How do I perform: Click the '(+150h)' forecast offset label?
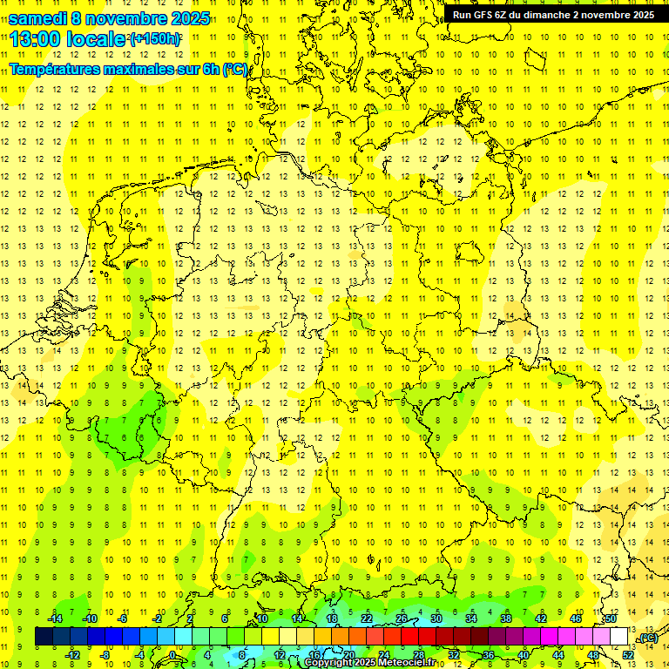click(155, 39)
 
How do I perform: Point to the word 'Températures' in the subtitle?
click(57, 69)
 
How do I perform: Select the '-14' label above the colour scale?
click(57, 618)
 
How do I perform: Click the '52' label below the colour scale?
click(628, 654)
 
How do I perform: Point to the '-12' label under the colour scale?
click(73, 654)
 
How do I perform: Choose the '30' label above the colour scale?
click(436, 618)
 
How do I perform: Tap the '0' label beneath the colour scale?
click(172, 654)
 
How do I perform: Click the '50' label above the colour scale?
click(611, 618)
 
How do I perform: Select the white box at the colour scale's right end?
click(619, 637)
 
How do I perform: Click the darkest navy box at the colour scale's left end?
click(44, 637)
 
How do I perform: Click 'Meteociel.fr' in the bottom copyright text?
click(406, 663)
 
